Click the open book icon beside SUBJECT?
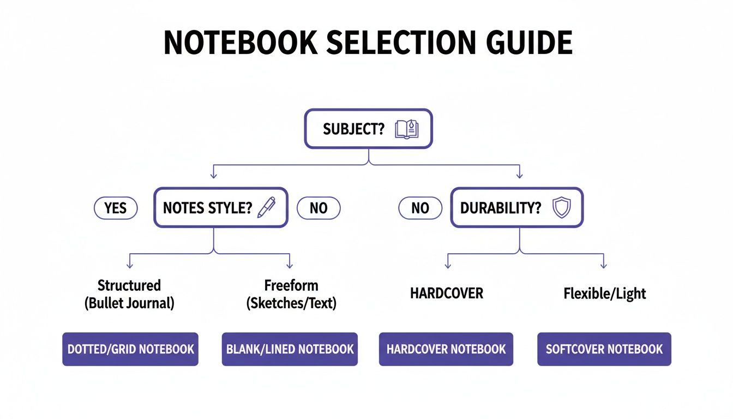coord(406,129)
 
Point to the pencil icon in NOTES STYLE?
coord(266,208)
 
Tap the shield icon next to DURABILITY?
coord(561,208)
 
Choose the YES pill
coord(116,208)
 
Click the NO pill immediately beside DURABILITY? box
coord(420,208)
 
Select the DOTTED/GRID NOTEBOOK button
coord(130,349)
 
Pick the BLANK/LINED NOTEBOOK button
coord(290,349)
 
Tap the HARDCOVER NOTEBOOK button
coord(446,349)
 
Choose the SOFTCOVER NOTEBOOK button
coord(604,349)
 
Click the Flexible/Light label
coord(604,294)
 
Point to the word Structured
coord(129,285)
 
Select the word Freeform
coord(291,285)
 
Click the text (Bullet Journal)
coord(129,303)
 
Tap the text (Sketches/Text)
coord(291,303)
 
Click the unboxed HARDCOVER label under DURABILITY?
coord(446,294)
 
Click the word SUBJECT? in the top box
coord(353,129)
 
